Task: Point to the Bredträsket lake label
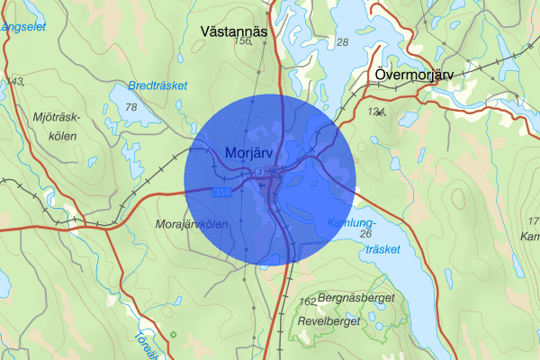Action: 157,85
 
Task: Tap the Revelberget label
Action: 331,320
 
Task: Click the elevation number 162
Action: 308,301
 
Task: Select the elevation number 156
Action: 241,42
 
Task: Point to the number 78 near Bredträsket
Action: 132,108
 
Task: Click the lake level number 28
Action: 342,42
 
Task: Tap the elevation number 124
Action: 378,112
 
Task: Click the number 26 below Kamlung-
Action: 364,234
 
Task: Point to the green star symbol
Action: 174,335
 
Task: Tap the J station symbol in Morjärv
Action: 259,172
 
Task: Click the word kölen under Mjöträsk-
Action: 57,136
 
